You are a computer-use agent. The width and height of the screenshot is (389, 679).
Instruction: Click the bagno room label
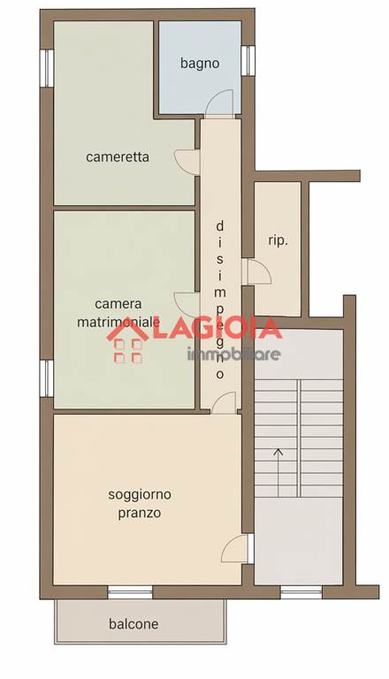[200, 64]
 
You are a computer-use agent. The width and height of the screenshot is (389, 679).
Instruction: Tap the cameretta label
[118, 156]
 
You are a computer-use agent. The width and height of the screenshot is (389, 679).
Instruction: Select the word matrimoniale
[118, 322]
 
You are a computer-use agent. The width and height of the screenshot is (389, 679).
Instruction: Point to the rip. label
[278, 240]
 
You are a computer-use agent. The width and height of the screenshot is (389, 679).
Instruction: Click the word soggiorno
[140, 494]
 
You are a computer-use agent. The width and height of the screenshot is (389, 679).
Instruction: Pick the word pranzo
[140, 513]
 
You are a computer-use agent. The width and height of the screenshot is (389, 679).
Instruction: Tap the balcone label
[133, 624]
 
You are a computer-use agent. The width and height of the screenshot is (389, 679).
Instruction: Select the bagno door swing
[219, 103]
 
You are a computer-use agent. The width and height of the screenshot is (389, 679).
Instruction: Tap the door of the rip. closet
[259, 271]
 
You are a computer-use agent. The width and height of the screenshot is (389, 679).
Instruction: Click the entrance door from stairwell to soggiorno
[237, 548]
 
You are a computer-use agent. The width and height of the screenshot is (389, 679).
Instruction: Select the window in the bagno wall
[248, 60]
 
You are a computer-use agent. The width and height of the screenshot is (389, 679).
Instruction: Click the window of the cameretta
[47, 68]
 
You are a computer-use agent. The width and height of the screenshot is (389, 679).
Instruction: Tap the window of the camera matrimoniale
[47, 378]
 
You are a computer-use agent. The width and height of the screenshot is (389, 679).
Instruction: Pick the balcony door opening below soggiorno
[130, 592]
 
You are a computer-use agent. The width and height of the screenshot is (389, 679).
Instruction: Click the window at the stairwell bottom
[301, 592]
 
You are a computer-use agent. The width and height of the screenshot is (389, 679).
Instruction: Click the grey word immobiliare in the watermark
[233, 354]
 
